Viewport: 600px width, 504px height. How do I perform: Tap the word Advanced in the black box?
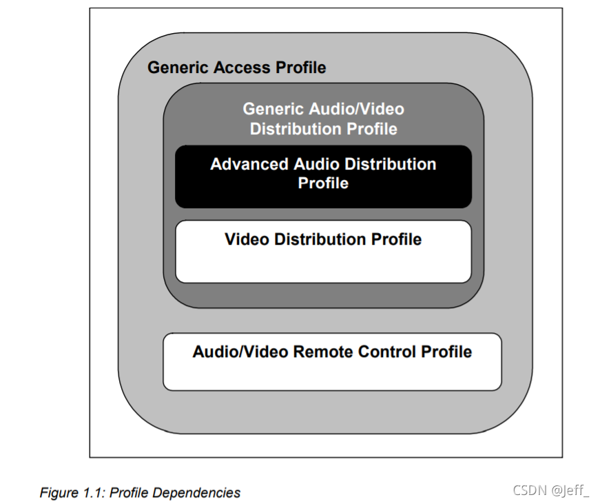pyautogui.click(x=249, y=164)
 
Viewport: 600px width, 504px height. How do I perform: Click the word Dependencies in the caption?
pyautogui.click(x=196, y=492)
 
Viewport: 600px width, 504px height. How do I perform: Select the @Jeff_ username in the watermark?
pyautogui.click(x=571, y=490)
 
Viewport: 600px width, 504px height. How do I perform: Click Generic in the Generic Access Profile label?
pyautogui.click(x=179, y=68)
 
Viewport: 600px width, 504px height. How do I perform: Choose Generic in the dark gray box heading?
pyautogui.click(x=274, y=109)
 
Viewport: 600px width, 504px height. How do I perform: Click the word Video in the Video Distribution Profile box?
pyautogui.click(x=247, y=239)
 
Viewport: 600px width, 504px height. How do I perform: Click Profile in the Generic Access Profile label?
pyautogui.click(x=301, y=68)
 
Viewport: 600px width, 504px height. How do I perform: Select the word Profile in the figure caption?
pyautogui.click(x=130, y=492)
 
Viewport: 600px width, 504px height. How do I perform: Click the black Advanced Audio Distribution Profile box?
pyautogui.click(x=323, y=196)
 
